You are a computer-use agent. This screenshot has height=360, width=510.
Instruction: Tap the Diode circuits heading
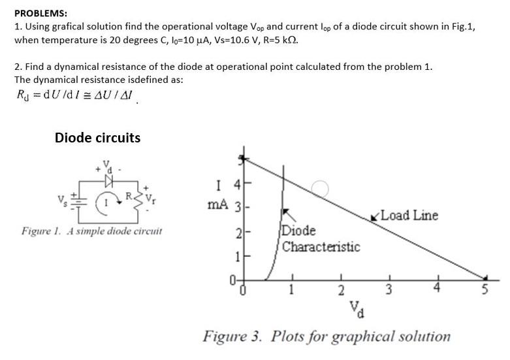[x=97, y=138]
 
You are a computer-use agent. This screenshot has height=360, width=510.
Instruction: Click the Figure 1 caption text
[x=91, y=231]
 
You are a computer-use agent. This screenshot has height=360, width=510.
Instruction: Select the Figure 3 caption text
[x=327, y=336]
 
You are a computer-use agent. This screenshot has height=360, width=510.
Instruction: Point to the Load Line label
[x=408, y=216]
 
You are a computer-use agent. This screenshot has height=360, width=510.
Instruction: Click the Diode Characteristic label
[x=321, y=239]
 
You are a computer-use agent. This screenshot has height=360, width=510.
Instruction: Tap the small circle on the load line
[x=319, y=188]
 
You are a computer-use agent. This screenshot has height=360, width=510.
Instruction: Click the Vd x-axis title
[x=356, y=306]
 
